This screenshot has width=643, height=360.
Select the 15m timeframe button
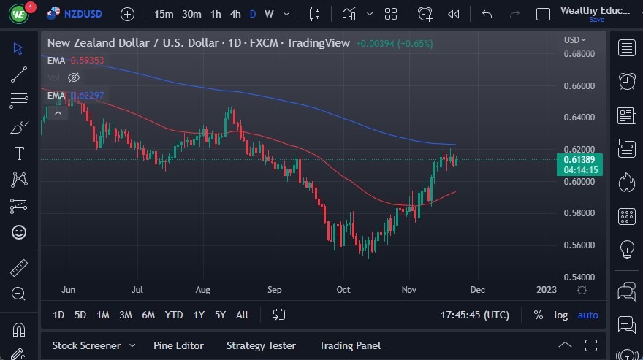[x=164, y=14]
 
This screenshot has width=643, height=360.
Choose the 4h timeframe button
[x=235, y=14]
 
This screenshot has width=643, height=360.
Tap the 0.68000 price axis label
[x=579, y=54]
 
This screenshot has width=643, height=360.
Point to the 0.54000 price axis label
[x=579, y=277]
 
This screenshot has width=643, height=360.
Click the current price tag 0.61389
[x=579, y=159]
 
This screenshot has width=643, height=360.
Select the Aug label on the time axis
[x=203, y=290]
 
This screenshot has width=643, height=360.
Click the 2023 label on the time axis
[x=546, y=290]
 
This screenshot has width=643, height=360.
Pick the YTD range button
[x=174, y=315]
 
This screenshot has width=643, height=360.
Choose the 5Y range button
[x=220, y=315]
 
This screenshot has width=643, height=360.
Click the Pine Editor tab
[x=178, y=345]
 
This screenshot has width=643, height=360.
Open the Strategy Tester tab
[x=261, y=345]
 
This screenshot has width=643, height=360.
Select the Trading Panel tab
[x=350, y=345]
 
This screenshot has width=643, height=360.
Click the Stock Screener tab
[x=85, y=345]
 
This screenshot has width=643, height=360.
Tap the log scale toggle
[x=560, y=315]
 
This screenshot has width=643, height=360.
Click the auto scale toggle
[x=587, y=315]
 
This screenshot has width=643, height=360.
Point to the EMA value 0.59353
[x=88, y=60]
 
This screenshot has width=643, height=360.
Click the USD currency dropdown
[x=574, y=40]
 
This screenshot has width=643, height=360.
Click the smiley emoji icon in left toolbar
[x=19, y=232]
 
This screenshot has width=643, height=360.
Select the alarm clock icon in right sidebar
[x=626, y=81]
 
